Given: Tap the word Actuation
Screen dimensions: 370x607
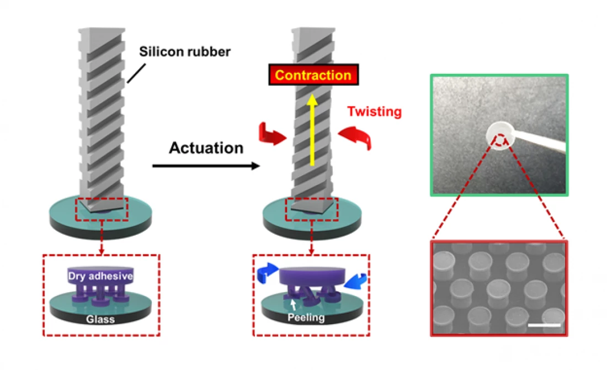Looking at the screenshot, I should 206,148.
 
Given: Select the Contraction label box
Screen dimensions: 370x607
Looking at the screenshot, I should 313,75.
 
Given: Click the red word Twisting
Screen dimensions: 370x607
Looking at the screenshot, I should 374,112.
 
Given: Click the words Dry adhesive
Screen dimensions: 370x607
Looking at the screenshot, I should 102,275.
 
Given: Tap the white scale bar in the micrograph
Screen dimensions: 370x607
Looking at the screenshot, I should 544,324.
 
